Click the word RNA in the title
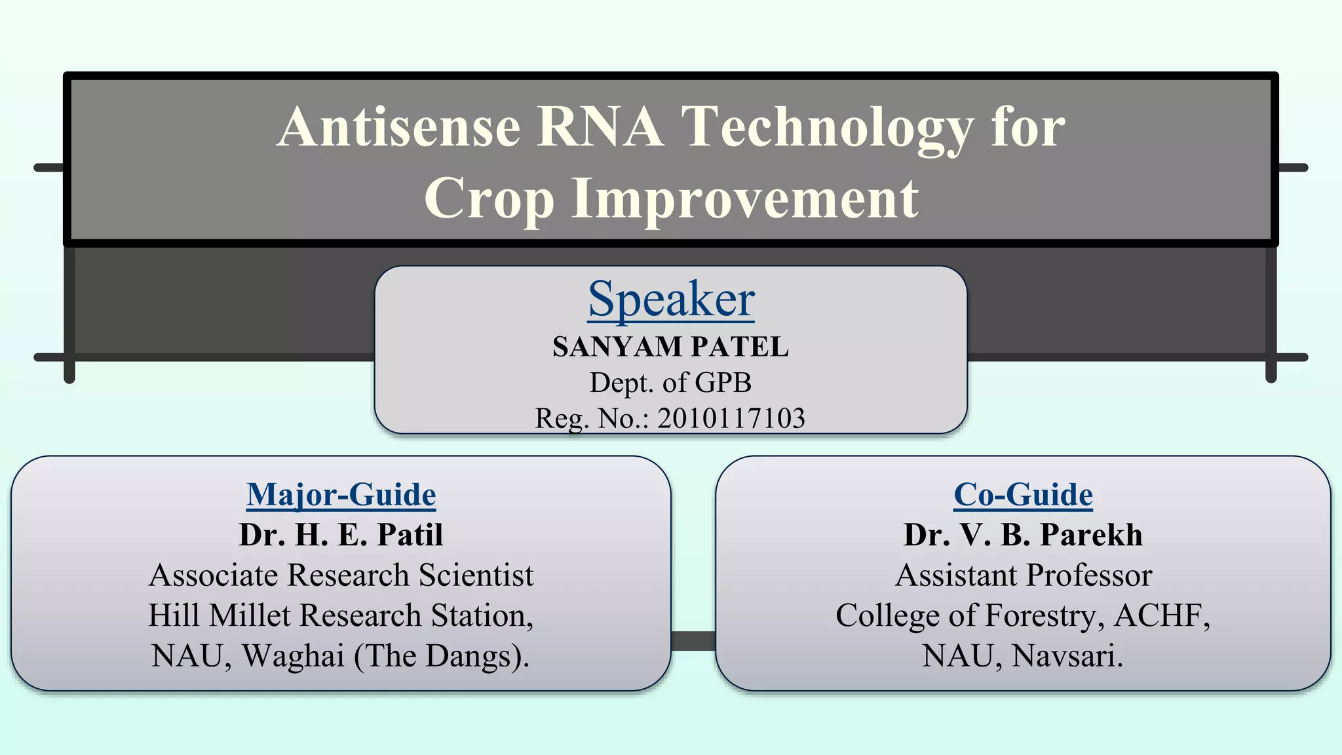[600, 126]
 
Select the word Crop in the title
[488, 199]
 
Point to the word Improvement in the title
[744, 199]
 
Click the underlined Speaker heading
[671, 299]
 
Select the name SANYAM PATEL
[671, 347]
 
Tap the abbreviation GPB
[723, 383]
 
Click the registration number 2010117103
[731, 418]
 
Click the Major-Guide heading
[341, 495]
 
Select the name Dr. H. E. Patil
[341, 535]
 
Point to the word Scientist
[476, 575]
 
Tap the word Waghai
[294, 656]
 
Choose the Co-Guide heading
[1023, 495]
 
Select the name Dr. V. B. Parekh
[1023, 535]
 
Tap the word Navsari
[1067, 656]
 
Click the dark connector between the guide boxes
[693, 640]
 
